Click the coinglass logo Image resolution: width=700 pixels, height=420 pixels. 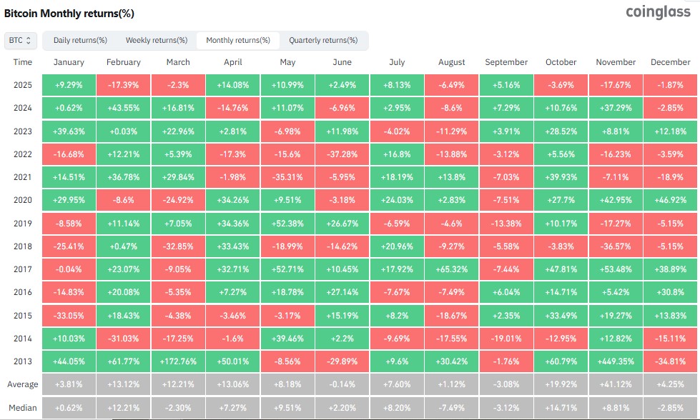(x=656, y=12)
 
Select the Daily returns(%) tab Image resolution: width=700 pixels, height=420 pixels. (x=80, y=41)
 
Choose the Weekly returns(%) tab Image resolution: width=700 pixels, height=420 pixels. (x=157, y=41)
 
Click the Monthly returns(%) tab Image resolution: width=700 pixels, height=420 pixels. (x=238, y=41)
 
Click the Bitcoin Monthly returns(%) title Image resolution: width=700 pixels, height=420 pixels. (x=69, y=14)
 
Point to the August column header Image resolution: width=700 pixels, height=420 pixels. (x=452, y=62)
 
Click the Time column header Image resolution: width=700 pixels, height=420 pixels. (x=22, y=62)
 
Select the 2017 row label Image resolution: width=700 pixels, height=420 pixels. (x=22, y=269)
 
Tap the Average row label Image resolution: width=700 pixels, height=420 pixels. (x=22, y=384)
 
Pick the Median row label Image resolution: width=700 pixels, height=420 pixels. (x=22, y=408)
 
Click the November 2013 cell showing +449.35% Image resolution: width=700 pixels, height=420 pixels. (x=616, y=361)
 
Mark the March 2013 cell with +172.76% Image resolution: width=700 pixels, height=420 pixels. (x=178, y=361)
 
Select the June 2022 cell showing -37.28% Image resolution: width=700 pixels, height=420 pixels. (x=342, y=154)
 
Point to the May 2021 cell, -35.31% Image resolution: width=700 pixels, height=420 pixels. (x=287, y=177)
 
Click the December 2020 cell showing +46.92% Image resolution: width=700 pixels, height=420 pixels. (x=671, y=200)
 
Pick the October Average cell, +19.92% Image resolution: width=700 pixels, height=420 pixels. (x=561, y=384)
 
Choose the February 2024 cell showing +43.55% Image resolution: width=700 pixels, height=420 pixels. (x=123, y=108)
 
